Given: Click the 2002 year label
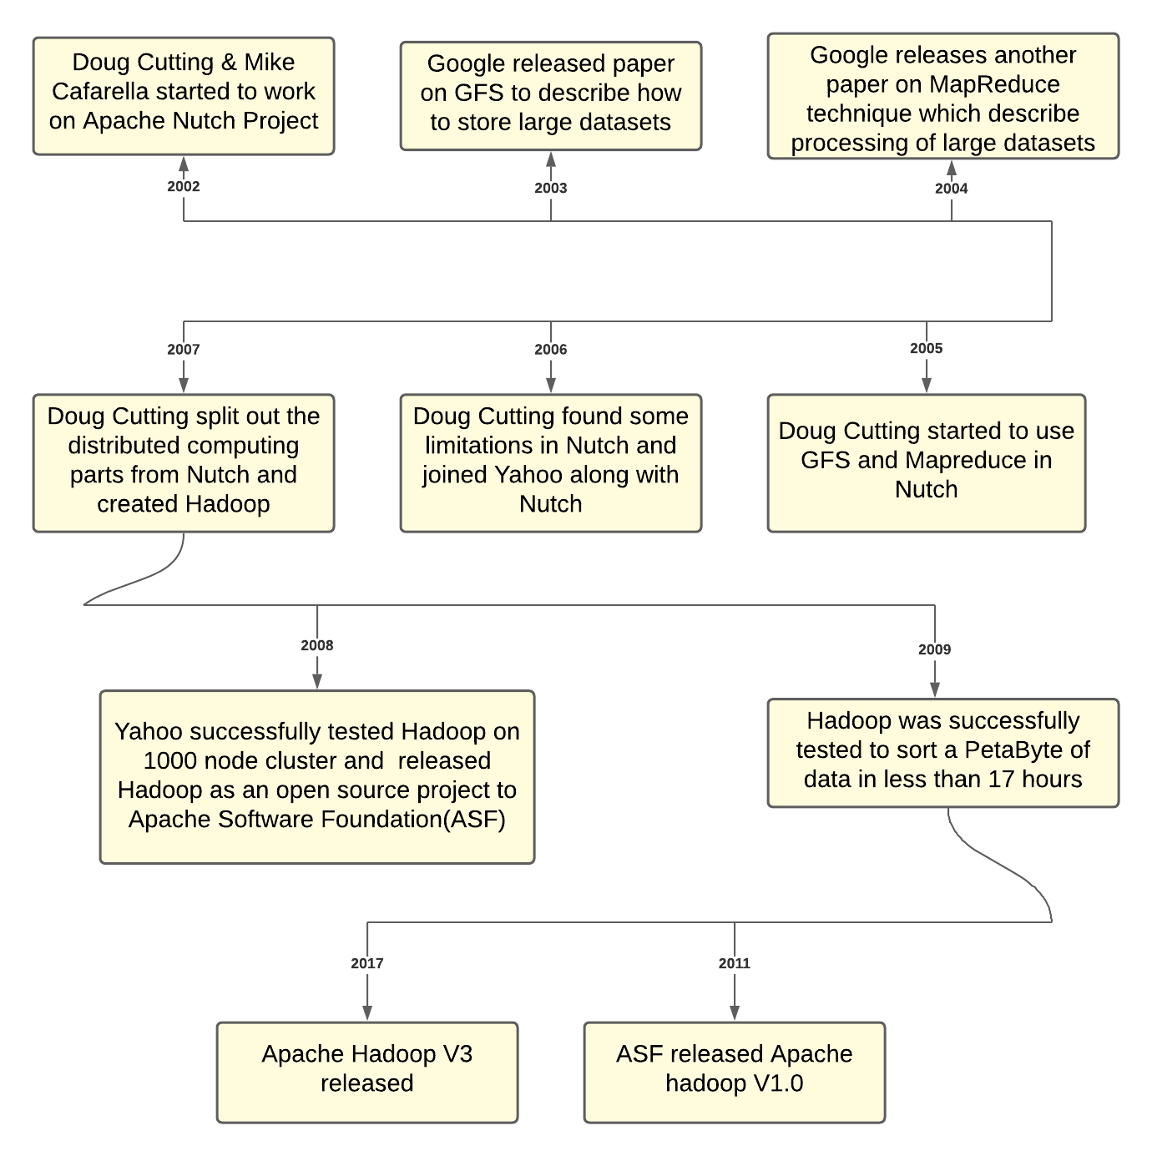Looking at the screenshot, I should [184, 186].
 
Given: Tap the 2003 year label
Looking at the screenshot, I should [551, 188].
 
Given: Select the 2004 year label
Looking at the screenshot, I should [951, 188].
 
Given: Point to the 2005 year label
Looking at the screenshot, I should [926, 348].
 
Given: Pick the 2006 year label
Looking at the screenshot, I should [551, 349].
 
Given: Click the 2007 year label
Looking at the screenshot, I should [184, 349].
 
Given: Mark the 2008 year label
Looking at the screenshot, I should [317, 645].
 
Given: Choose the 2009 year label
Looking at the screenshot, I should [934, 649].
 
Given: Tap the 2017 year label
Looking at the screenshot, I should [367, 963].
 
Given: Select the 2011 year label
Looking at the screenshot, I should [735, 963].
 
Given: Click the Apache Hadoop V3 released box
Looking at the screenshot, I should [367, 1072].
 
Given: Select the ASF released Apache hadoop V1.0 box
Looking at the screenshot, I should [735, 1072].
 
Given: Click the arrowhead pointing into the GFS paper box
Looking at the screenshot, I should [551, 160].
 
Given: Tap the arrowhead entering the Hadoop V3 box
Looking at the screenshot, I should [367, 1012].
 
